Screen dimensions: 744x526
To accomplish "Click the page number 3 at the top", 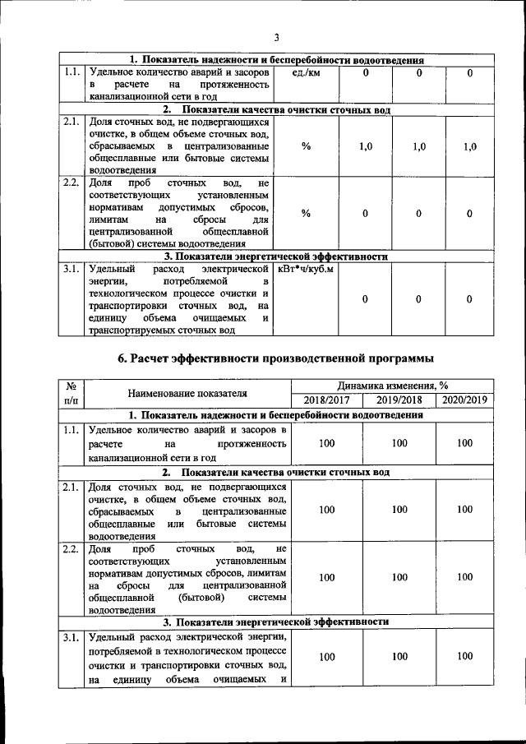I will click(x=277, y=37).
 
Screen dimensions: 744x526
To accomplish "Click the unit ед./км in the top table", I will click(x=306, y=73).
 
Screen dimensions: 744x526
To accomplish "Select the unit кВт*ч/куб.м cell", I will click(x=306, y=269).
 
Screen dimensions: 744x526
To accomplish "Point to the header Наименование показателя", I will click(x=188, y=393).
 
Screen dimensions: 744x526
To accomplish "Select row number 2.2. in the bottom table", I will click(x=72, y=548).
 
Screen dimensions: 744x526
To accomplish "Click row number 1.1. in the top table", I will click(x=72, y=73).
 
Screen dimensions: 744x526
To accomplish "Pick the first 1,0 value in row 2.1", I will click(x=366, y=146).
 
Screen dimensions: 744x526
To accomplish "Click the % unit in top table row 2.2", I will click(x=306, y=213).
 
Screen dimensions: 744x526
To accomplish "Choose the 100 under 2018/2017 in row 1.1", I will click(x=327, y=443).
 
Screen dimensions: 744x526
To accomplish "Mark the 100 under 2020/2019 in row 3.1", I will click(x=464, y=656).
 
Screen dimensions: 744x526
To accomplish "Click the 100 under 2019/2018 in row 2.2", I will click(x=399, y=578).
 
